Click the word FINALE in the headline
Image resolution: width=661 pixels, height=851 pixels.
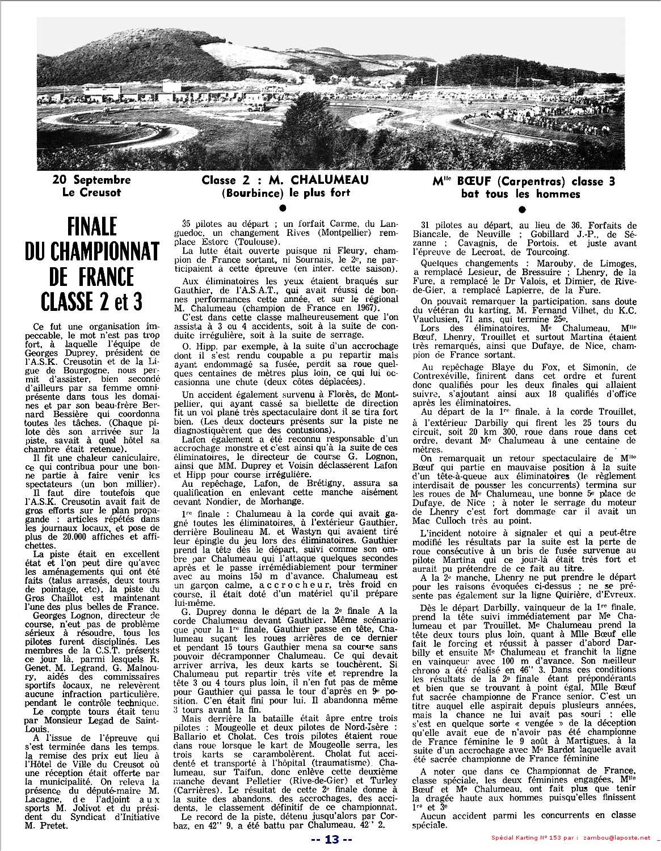91,227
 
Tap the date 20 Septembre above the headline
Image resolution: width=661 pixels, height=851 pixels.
91,180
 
